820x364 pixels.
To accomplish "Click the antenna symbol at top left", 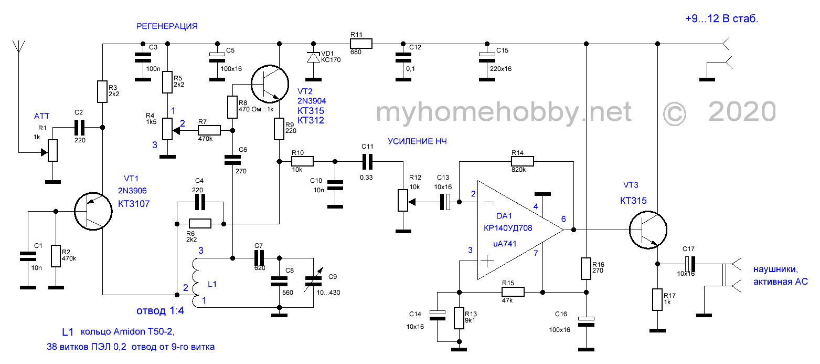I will pos(19,46).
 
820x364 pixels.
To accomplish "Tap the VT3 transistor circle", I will pos(648,230).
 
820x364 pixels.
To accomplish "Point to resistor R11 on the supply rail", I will pos(360,44).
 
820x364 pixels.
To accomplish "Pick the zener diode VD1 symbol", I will pos(313,57).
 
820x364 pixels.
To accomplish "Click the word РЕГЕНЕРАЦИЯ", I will pos(167,26).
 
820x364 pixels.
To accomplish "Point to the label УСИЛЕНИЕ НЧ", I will pos(417,141).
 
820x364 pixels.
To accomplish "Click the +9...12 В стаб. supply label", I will pos(721,19).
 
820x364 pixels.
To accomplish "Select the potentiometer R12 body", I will pos(403,201).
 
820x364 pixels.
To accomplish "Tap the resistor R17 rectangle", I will pos(656,299).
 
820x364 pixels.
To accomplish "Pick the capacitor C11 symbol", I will pos(367,161).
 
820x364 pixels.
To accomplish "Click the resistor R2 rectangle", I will pos(56,256).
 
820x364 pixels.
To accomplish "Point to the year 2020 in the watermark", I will pos(742,112).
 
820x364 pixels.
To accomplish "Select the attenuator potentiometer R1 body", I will pos(52,150).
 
